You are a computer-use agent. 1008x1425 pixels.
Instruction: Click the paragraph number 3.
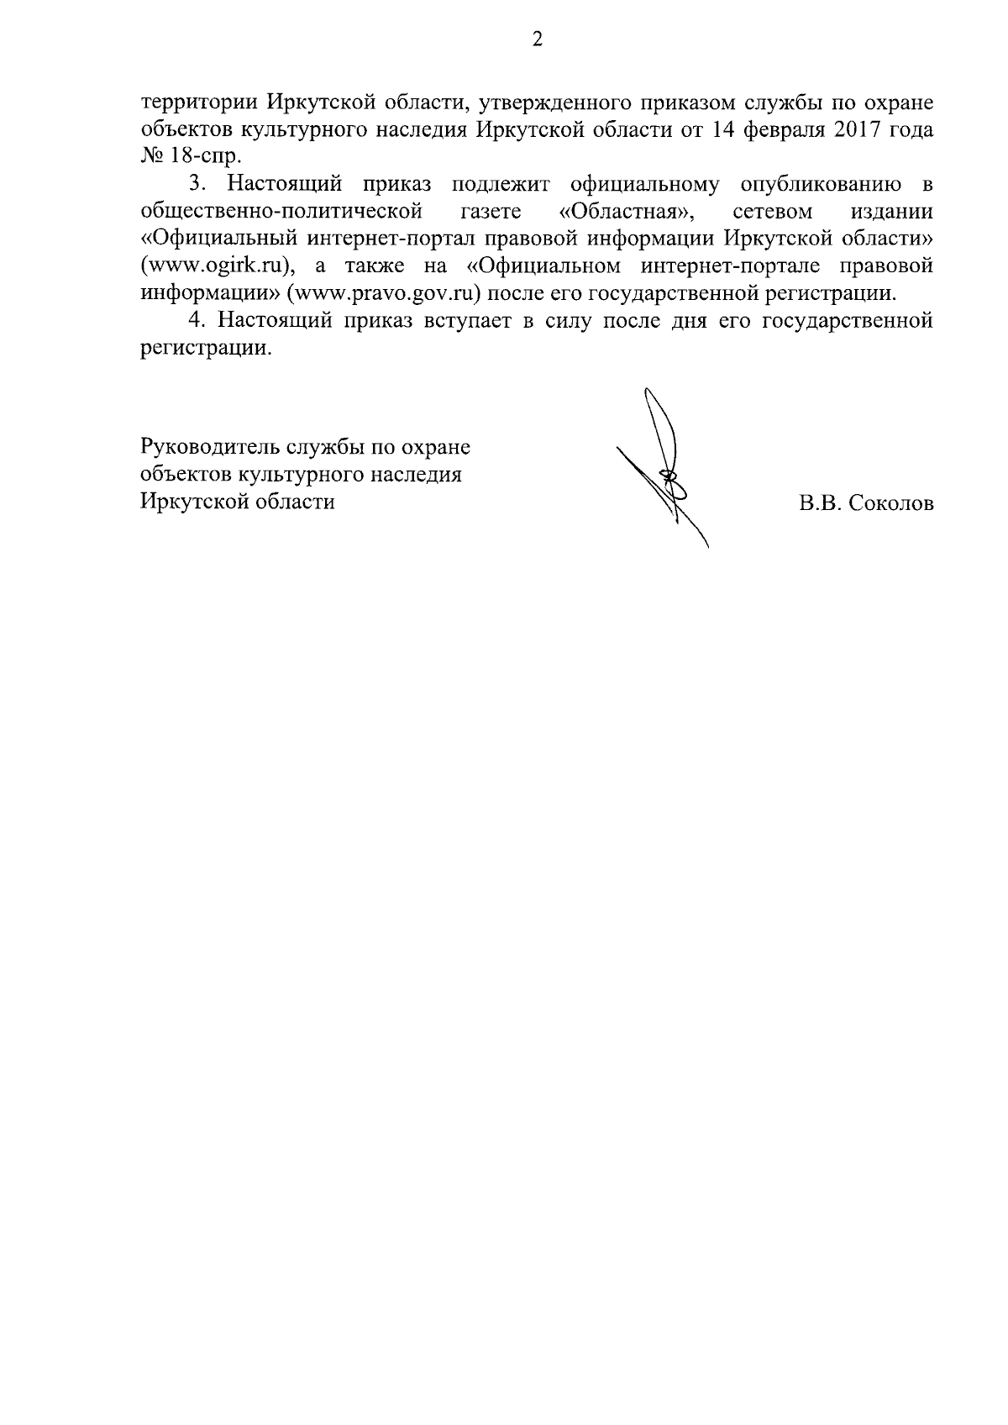point(197,183)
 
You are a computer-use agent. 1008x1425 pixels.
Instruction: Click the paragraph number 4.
point(197,320)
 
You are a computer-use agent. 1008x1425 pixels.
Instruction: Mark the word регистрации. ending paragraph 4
point(206,348)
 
